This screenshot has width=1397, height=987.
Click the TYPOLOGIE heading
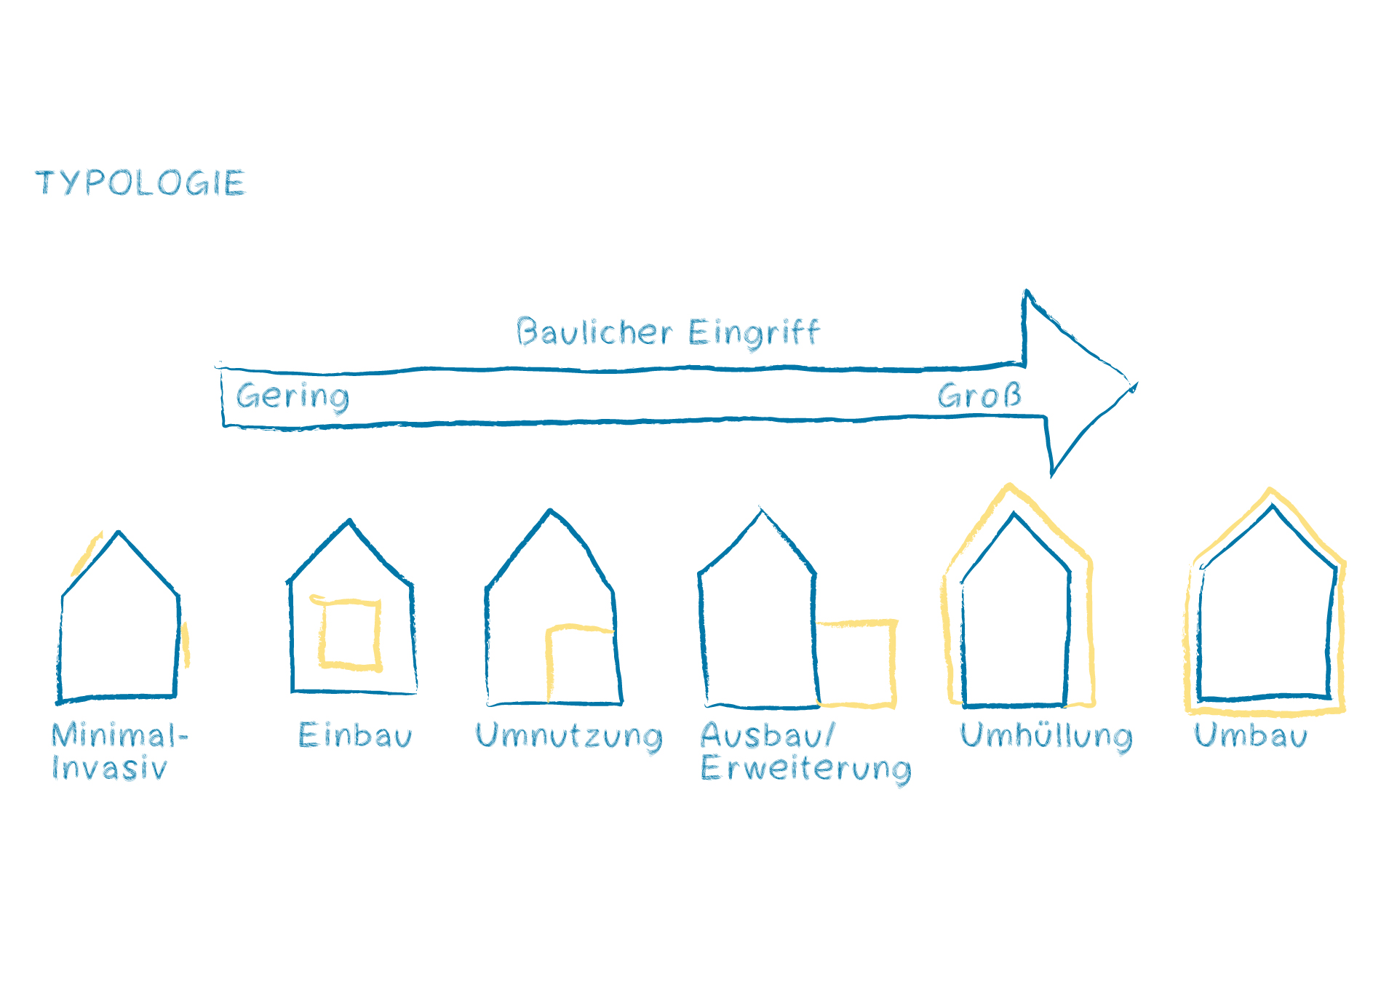[x=140, y=183]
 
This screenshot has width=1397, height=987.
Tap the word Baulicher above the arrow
[x=594, y=332]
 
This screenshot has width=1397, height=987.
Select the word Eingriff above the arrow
[x=754, y=332]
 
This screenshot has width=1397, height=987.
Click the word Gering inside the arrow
[x=292, y=396]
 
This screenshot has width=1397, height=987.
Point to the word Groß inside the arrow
[x=979, y=396]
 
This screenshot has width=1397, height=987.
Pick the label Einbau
[x=355, y=735]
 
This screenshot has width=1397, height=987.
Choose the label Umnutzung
[x=569, y=736]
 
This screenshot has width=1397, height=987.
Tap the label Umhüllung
[x=1046, y=736]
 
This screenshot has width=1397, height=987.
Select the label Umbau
[x=1250, y=735]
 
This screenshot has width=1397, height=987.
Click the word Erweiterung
[x=805, y=769]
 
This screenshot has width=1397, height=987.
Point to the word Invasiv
[x=109, y=768]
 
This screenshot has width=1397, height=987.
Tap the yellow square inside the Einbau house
[x=350, y=633]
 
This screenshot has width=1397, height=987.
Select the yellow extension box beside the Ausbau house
[x=857, y=663]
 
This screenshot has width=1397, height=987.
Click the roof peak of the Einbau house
[x=350, y=521]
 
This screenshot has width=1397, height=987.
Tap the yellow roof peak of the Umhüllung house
[x=1009, y=487]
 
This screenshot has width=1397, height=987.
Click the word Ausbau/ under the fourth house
[x=768, y=735]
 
